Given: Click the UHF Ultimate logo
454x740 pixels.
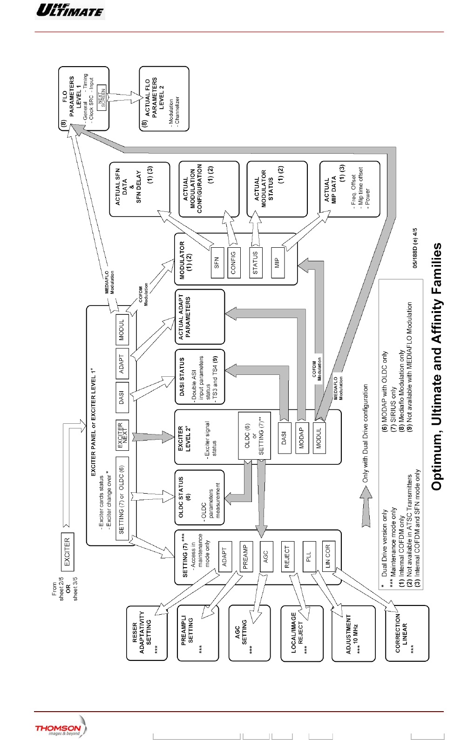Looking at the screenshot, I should click(70, 10).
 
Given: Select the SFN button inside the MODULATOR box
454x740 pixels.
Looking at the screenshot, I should click(217, 262).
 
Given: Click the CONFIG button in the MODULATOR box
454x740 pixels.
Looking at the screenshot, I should click(234, 262).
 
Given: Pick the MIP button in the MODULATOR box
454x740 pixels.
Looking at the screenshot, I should click(278, 262).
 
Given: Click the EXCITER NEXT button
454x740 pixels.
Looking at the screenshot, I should click(122, 435).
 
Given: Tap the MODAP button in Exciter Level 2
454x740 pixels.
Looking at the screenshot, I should click(302, 438).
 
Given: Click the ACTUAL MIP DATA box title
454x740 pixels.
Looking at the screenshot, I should click(330, 189).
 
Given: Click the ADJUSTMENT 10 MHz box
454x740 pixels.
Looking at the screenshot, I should click(352, 633).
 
